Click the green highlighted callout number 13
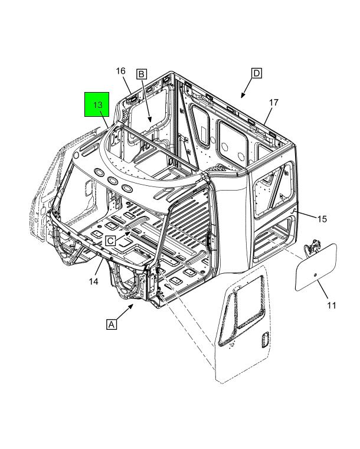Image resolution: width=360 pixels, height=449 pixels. coord(97,105)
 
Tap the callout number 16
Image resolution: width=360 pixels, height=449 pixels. coord(120,71)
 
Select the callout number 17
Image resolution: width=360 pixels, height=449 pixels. coord(273,102)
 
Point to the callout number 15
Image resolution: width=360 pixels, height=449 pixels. coord(322,219)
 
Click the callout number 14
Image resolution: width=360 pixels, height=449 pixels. coord(93,281)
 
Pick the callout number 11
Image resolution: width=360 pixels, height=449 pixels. coord(331,306)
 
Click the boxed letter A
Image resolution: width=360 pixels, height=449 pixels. coord(112,325)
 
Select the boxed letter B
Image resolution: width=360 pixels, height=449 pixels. coord(142,74)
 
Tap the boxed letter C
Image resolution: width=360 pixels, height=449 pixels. coord(110,241)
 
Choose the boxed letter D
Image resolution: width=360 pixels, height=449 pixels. coord(257,73)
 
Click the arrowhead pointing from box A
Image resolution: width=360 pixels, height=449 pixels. coord(131,306)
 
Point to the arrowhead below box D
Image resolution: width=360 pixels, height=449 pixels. coord(243,95)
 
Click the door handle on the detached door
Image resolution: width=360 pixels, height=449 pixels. coord(265,340)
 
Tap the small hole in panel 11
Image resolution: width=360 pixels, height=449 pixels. coord(315,275)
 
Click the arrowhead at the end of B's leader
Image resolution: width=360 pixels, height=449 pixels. coord(150,119)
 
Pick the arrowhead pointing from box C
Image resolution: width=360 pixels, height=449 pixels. coord(127,234)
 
